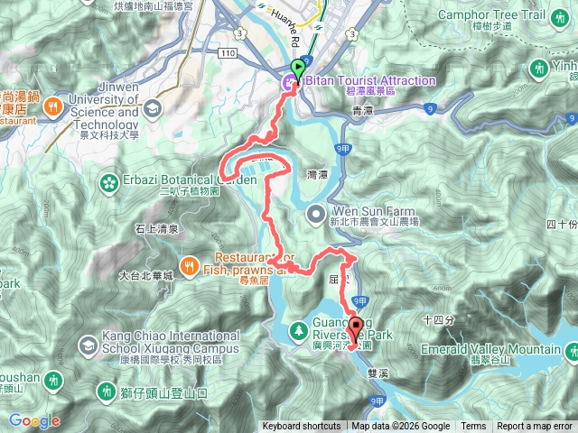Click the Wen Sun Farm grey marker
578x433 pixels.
pyautogui.click(x=315, y=214)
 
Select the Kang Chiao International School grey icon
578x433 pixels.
pyautogui.click(x=88, y=345)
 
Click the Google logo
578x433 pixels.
pyautogui.click(x=34, y=420)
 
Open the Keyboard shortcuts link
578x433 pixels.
pyautogui.click(x=302, y=427)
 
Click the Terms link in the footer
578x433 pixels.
pyautogui.click(x=473, y=427)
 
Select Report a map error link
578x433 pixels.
pyautogui.click(x=535, y=427)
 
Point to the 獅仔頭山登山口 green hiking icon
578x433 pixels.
pyautogui.click(x=105, y=392)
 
